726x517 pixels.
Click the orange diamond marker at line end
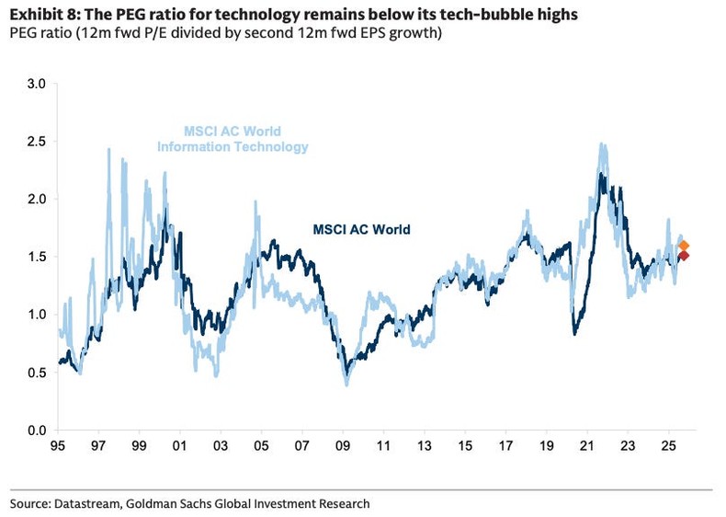(x=684, y=246)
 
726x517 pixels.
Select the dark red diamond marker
(x=684, y=256)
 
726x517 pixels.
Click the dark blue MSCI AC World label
(x=361, y=229)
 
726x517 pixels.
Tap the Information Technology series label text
(x=233, y=147)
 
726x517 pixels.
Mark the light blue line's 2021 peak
(x=601, y=144)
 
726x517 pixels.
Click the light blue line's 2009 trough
(x=346, y=384)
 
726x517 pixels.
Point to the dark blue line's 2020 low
(x=574, y=333)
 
